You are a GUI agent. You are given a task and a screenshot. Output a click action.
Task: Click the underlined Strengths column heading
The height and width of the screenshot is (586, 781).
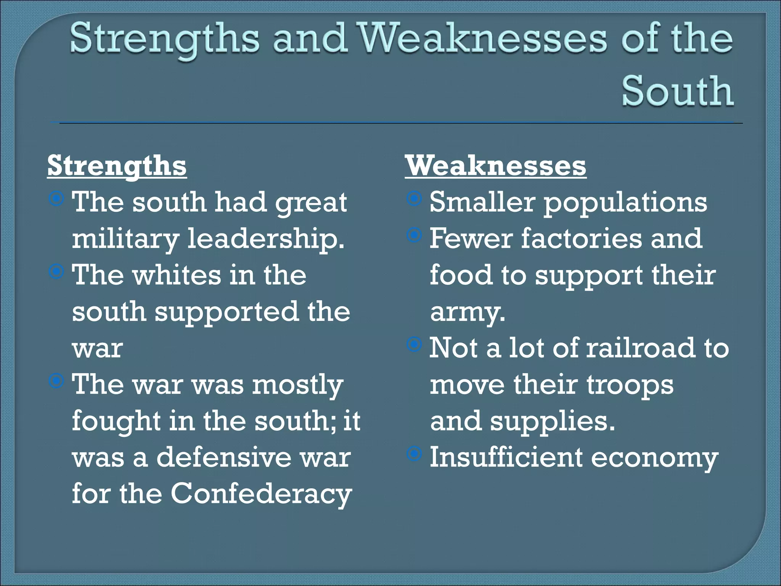117,166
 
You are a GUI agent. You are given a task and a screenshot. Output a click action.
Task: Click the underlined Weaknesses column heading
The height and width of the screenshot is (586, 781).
495,166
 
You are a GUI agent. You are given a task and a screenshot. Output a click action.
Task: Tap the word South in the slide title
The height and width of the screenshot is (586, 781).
677,91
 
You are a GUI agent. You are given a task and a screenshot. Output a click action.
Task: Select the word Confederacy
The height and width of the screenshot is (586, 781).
261,494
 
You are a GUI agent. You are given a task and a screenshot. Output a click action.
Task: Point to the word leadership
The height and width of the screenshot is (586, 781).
265,239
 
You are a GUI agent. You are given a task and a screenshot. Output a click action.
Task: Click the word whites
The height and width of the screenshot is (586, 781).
177,275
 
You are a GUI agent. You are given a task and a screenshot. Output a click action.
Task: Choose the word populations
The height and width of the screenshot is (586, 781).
625,203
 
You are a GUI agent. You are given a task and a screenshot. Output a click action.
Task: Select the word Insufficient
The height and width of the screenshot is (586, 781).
506,457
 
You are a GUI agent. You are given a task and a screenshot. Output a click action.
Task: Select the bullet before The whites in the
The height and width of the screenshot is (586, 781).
56,272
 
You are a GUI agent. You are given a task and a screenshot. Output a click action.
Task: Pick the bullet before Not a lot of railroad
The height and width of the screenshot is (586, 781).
414,345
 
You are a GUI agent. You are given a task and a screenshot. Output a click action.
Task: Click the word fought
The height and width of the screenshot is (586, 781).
116,421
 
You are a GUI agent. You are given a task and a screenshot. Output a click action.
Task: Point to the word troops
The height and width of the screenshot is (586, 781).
630,385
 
